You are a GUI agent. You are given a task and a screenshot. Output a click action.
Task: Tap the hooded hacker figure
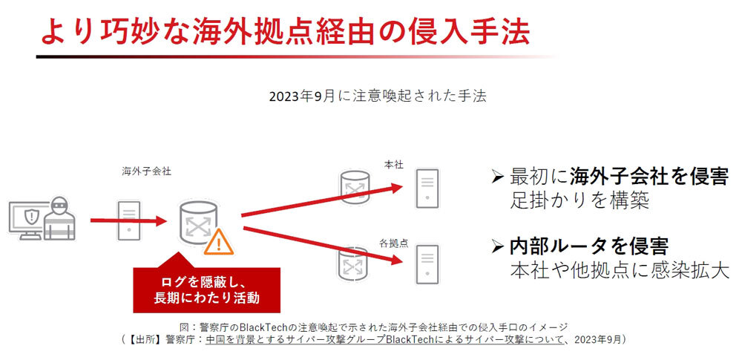59,218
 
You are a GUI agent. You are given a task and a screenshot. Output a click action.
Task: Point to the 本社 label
394,165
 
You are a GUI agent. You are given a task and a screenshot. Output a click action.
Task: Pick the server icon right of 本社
427,189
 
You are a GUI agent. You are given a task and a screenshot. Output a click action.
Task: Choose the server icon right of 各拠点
427,264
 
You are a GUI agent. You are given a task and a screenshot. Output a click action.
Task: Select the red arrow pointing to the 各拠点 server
322,246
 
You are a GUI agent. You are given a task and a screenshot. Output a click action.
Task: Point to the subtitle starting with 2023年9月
378,96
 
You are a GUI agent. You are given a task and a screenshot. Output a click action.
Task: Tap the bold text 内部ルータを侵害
588,246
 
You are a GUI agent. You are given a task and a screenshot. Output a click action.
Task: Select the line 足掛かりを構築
580,200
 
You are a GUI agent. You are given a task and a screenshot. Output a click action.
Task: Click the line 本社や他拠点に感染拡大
620,269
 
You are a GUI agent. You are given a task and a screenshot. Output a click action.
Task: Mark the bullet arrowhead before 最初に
497,177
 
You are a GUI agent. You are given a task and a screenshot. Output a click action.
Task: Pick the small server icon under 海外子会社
128,220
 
